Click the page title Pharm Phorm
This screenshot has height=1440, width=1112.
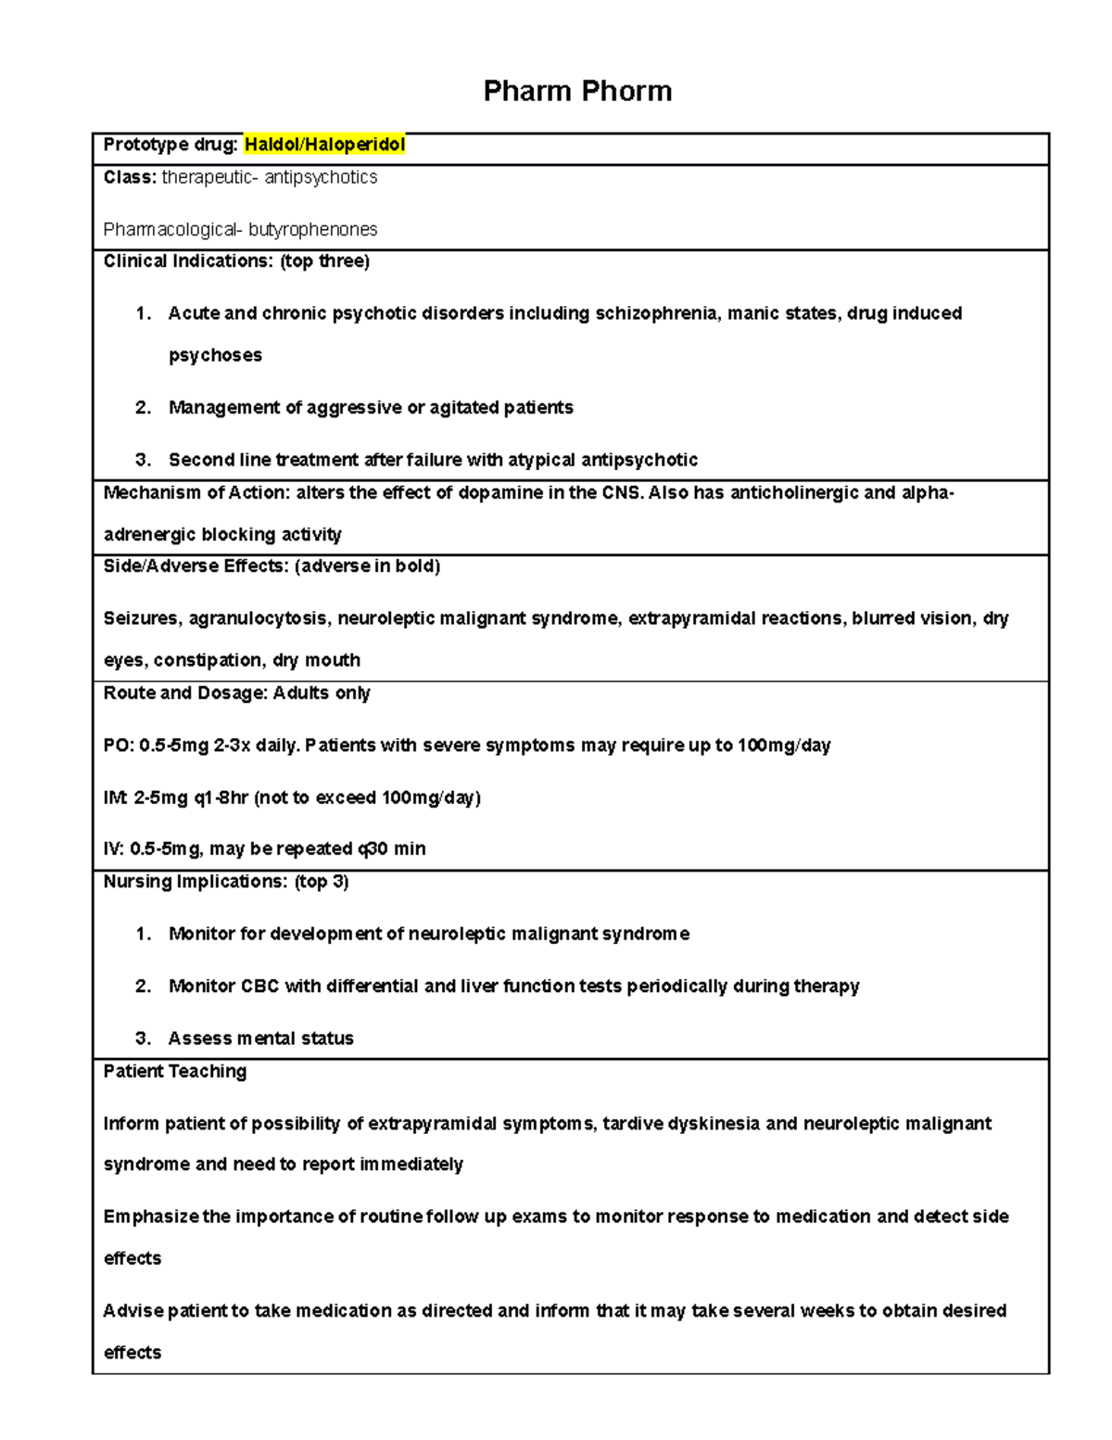tap(577, 91)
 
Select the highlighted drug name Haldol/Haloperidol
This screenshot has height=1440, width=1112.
tap(324, 145)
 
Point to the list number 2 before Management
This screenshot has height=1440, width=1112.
tap(143, 408)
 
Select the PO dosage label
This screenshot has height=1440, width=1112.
tap(117, 745)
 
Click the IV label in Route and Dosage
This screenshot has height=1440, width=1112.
tap(113, 849)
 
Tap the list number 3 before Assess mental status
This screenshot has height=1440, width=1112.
tap(143, 1039)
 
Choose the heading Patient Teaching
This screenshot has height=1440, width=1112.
tap(175, 1072)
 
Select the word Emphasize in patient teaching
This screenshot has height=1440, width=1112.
tap(150, 1217)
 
